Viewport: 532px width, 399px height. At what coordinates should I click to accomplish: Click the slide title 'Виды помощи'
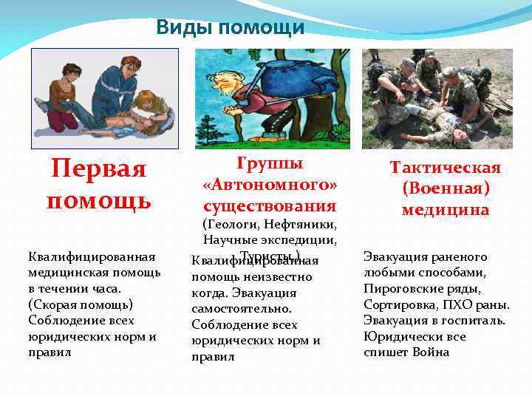(231, 28)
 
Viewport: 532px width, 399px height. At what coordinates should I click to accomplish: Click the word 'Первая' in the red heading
(99, 169)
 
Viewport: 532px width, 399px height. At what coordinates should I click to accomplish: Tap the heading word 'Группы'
(269, 164)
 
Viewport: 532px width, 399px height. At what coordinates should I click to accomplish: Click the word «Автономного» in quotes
(269, 184)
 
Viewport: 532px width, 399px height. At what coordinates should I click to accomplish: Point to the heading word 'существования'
(269, 205)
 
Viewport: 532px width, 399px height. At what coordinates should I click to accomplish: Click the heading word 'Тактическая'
(446, 168)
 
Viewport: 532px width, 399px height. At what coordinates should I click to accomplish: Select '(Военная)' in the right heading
(446, 188)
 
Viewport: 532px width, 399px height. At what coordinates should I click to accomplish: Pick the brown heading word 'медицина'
(446, 210)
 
